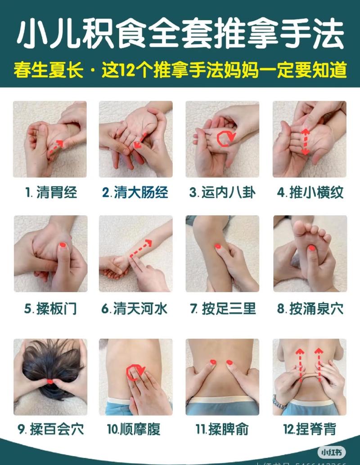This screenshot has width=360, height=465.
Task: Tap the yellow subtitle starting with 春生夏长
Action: pyautogui.click(x=180, y=71)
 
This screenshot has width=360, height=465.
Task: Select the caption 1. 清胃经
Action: pyautogui.click(x=51, y=193)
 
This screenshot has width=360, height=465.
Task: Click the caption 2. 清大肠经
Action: pyautogui.click(x=135, y=193)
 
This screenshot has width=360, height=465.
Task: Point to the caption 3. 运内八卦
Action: pyautogui.click(x=222, y=193)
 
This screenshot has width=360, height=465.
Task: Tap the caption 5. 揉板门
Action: pyautogui.click(x=50, y=309)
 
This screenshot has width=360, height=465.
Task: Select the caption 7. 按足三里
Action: pyautogui.click(x=223, y=309)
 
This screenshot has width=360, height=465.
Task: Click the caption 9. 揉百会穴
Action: pyautogui.click(x=50, y=429)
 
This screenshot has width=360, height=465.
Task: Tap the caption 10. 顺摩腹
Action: pyautogui.click(x=135, y=429)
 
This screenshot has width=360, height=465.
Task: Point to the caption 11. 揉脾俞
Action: pyautogui.click(x=222, y=429)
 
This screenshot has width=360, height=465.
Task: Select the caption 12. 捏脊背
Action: pyautogui.click(x=310, y=429)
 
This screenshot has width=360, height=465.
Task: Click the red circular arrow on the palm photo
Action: pyautogui.click(x=225, y=138)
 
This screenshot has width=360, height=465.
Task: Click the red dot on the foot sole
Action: pyautogui.click(x=311, y=248)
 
